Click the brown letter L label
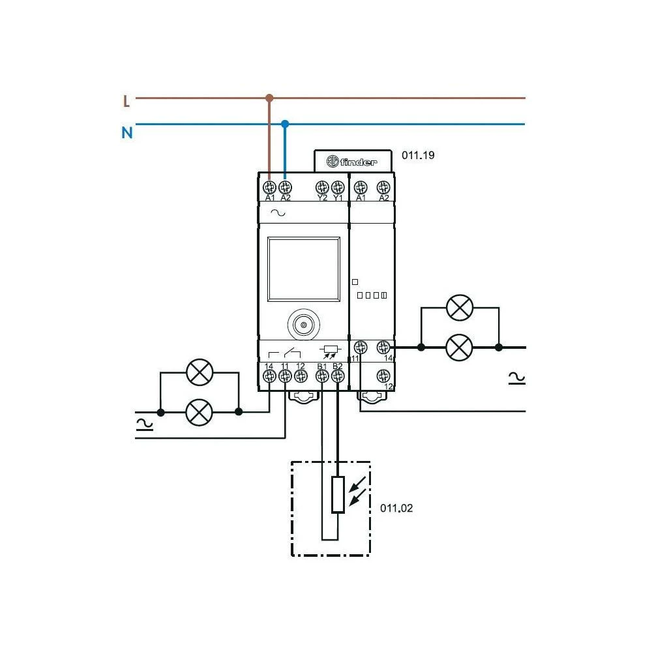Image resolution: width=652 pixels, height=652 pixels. pyautogui.click(x=126, y=101)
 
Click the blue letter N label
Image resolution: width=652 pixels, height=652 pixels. pyautogui.click(x=127, y=133)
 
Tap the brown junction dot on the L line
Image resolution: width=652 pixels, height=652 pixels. pyautogui.click(x=269, y=98)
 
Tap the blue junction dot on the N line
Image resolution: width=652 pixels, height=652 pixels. pyautogui.click(x=285, y=123)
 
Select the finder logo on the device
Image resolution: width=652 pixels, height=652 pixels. pyautogui.click(x=353, y=161)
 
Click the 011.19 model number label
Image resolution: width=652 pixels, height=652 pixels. pyautogui.click(x=418, y=156)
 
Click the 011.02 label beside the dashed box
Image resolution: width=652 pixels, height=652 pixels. pyautogui.click(x=396, y=508)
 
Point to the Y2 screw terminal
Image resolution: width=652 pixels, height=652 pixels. pyautogui.click(x=321, y=186)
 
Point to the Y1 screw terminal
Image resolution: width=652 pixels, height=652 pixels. pyautogui.click(x=337, y=186)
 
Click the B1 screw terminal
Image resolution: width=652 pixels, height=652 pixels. pyautogui.click(x=321, y=376)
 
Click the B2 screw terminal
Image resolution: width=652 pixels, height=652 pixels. pyautogui.click(x=337, y=376)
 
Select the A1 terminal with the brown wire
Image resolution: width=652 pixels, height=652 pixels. pyautogui.click(x=270, y=186)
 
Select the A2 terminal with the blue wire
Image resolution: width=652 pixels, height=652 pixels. pyautogui.click(x=285, y=186)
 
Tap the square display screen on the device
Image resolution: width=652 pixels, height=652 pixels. pyautogui.click(x=303, y=269)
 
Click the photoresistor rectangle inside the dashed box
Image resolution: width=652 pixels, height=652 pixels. pyautogui.click(x=338, y=495)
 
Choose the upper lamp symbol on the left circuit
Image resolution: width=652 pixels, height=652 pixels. pyautogui.click(x=200, y=373)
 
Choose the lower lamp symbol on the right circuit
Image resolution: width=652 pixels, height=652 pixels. pyautogui.click(x=459, y=348)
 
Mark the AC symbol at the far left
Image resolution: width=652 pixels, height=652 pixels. pyautogui.click(x=145, y=424)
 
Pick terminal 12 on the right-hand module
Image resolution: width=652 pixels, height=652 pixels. pyautogui.click(x=384, y=376)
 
